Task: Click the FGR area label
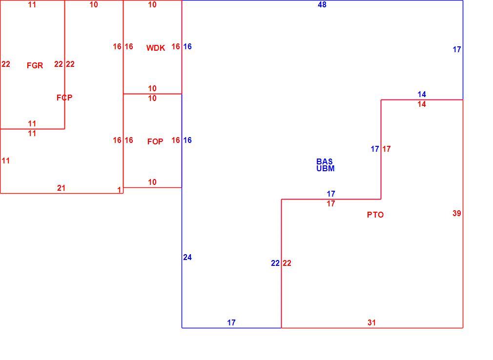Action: click(x=35, y=65)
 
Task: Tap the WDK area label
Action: click(x=156, y=48)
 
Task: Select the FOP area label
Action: click(x=155, y=141)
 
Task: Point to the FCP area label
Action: click(x=64, y=98)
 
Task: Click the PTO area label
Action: click(x=375, y=215)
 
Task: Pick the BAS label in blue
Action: click(x=325, y=161)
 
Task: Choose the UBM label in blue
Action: click(x=326, y=168)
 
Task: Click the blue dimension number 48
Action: click(x=322, y=5)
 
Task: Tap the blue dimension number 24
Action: click(x=187, y=257)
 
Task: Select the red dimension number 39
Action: click(x=457, y=213)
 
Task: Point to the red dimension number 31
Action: click(x=371, y=322)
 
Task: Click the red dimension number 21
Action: click(x=62, y=188)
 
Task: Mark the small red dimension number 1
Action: click(x=119, y=190)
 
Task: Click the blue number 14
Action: click(x=422, y=94)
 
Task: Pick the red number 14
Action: click(x=422, y=104)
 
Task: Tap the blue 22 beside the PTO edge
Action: click(x=275, y=263)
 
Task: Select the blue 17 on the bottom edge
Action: click(x=231, y=322)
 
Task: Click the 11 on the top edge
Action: click(x=32, y=5)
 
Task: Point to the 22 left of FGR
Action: click(x=6, y=64)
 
